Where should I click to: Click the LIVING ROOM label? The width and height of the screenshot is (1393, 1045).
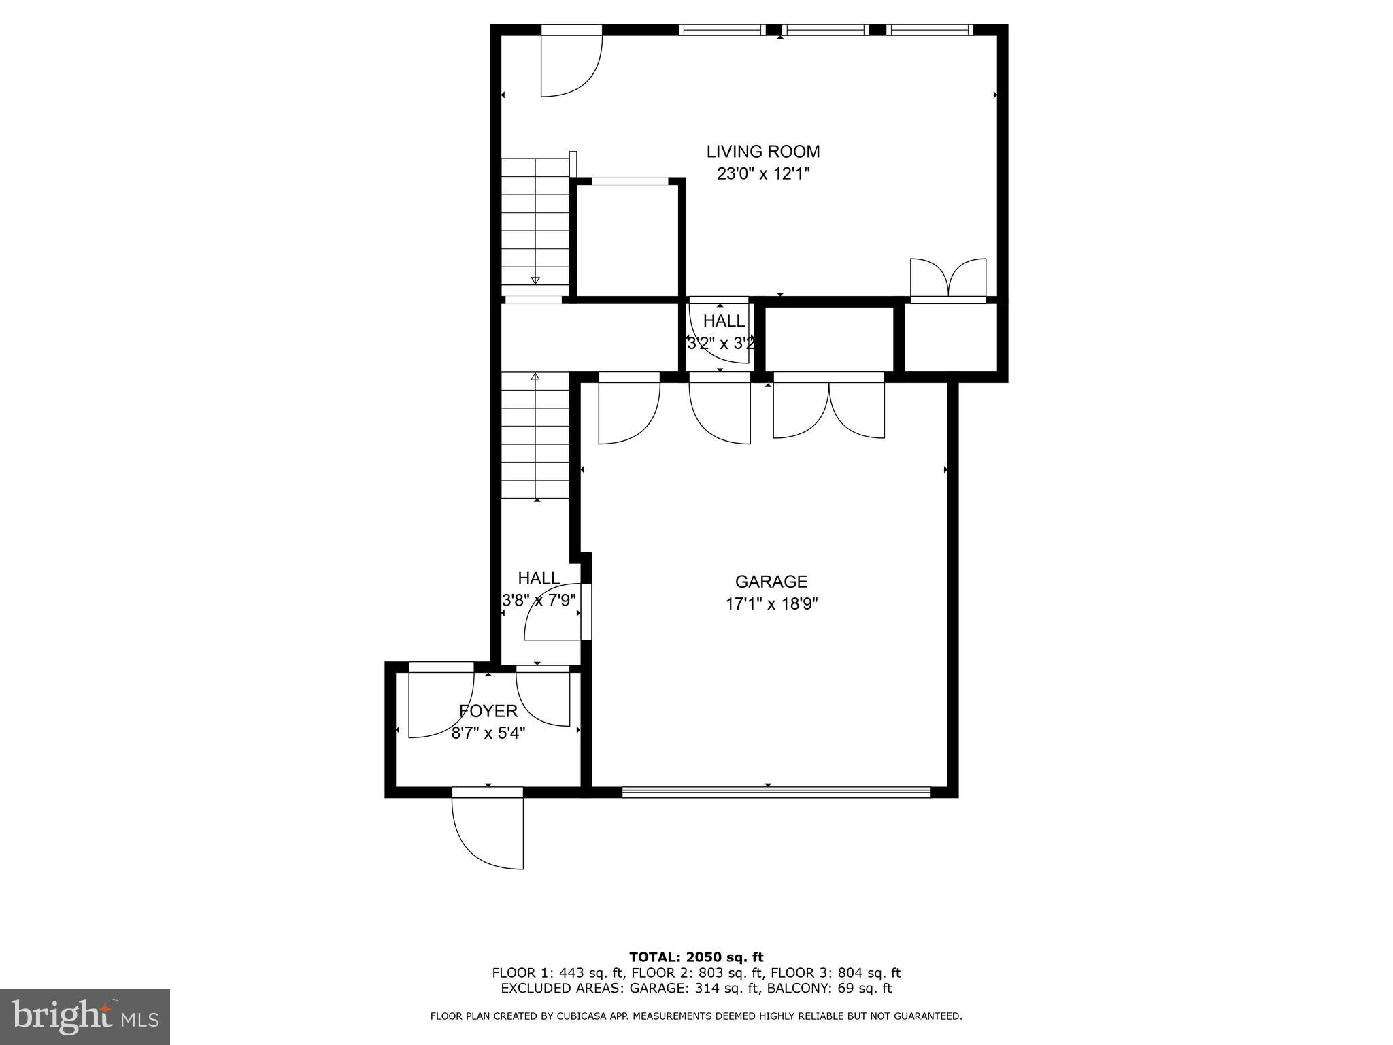(762, 151)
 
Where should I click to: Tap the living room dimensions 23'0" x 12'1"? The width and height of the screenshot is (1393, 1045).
(762, 174)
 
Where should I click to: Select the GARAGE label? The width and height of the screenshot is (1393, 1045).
(771, 582)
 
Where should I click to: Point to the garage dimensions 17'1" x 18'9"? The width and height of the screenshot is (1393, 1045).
(771, 604)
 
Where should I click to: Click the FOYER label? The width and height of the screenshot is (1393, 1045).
(488, 711)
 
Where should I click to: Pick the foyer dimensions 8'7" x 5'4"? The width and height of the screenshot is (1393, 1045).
(488, 733)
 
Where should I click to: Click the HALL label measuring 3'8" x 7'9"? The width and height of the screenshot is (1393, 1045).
(539, 578)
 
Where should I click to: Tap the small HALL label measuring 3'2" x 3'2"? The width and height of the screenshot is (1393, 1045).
(724, 320)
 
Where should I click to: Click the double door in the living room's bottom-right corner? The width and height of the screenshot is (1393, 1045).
(947, 279)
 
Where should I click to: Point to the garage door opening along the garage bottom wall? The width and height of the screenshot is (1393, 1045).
(775, 791)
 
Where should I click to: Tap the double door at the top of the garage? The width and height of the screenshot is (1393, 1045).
(828, 408)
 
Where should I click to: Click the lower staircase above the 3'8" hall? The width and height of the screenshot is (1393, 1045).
(535, 435)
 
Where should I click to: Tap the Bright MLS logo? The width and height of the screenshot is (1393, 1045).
(85, 1016)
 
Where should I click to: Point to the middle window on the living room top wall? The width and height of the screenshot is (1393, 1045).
(825, 30)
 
